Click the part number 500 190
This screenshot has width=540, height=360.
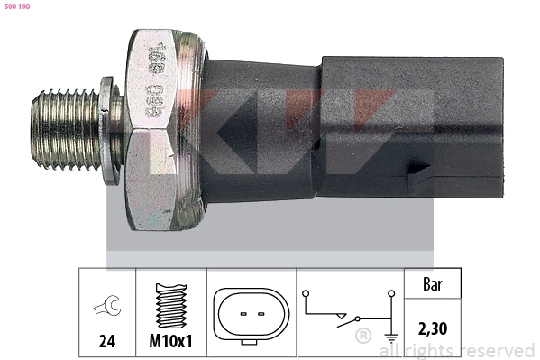(17, 6)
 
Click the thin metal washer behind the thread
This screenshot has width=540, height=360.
(108, 132)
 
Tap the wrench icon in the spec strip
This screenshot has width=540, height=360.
(106, 309)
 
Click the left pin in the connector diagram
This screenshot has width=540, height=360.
(242, 314)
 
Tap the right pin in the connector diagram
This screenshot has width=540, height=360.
(260, 314)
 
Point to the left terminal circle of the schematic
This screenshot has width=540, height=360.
(306, 295)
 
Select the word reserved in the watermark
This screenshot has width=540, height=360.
(495, 350)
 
